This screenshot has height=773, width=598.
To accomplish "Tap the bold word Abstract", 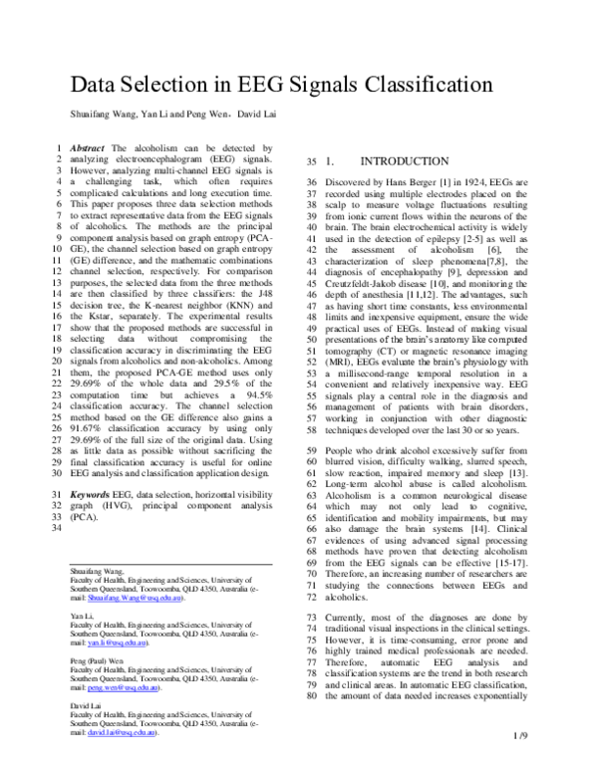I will pyautogui.click(x=89, y=147).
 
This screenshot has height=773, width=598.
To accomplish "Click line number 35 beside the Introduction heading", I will pyautogui.click(x=310, y=161).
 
